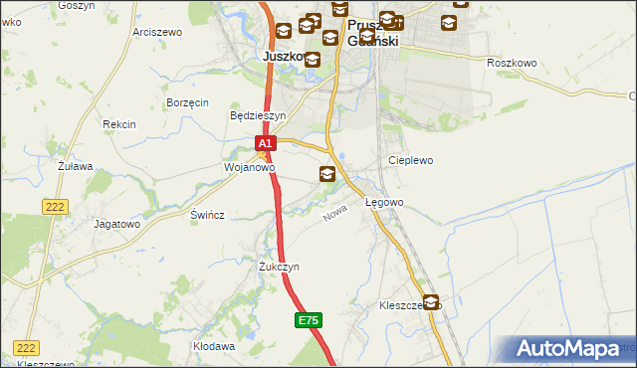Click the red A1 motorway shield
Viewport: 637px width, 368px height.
(x=264, y=144)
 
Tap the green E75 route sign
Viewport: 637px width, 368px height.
(x=309, y=320)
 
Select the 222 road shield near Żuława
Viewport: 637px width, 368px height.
(x=55, y=205)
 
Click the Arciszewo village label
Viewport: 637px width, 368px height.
(x=157, y=32)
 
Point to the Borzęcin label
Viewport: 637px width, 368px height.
(x=187, y=102)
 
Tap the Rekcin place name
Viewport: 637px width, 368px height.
(x=118, y=124)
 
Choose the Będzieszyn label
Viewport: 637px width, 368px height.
(x=258, y=115)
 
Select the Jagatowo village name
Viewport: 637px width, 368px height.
(x=116, y=224)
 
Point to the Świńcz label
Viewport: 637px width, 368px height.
(x=207, y=215)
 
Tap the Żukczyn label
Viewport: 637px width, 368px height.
(x=279, y=268)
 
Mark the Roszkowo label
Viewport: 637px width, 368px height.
(x=513, y=63)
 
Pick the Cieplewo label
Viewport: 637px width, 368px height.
(x=412, y=160)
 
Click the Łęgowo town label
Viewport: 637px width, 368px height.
(x=384, y=203)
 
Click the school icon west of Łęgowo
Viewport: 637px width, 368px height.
(x=327, y=175)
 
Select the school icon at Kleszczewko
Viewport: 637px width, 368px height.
(x=431, y=302)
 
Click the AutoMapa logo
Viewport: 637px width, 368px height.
(x=571, y=349)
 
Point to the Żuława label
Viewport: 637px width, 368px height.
(x=75, y=166)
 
